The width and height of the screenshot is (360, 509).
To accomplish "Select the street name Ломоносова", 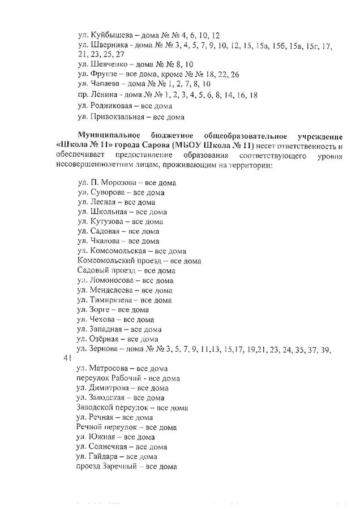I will pyautogui.click(x=112, y=280).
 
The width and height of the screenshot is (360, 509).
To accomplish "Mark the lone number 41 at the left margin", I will pyautogui.click(x=67, y=359).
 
